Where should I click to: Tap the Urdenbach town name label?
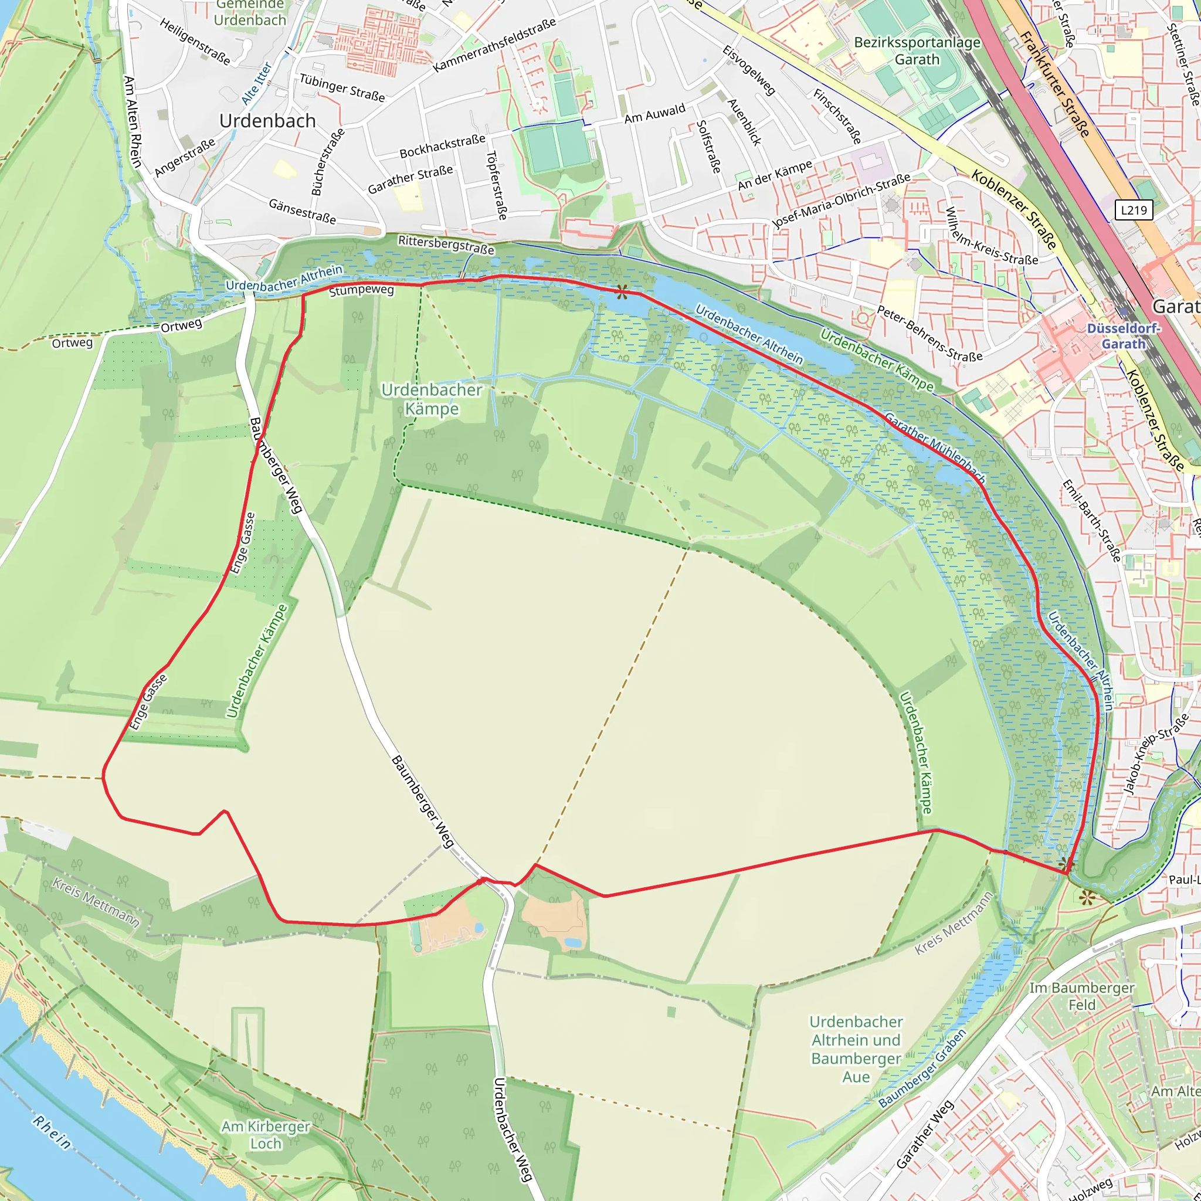coord(267,121)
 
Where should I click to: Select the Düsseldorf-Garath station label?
coord(1123,336)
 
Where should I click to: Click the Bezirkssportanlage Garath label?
coord(917,51)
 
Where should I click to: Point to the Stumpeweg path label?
coord(361,290)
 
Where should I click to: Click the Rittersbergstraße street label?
coord(446,245)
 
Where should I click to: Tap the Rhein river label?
coord(52,1132)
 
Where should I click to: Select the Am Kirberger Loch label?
coord(266,1135)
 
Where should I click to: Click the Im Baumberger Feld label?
coord(1081,996)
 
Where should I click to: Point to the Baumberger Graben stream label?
coord(922,1068)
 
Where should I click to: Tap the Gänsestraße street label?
coord(302,211)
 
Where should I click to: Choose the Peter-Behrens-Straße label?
coord(929,334)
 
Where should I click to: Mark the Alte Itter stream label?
coord(256,83)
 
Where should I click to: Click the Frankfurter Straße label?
coord(1055,84)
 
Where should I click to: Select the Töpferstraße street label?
coord(496,185)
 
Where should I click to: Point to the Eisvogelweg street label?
coord(748,70)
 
